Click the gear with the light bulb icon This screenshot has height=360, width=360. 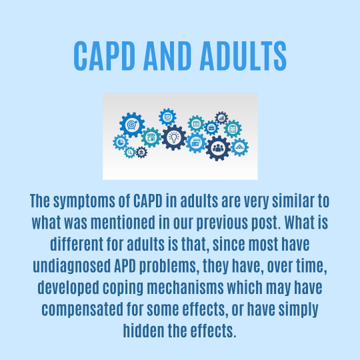(174, 137)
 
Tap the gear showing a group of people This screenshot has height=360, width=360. (217, 147)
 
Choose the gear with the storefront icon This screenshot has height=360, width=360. (151, 137)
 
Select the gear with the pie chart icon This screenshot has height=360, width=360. (121, 141)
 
